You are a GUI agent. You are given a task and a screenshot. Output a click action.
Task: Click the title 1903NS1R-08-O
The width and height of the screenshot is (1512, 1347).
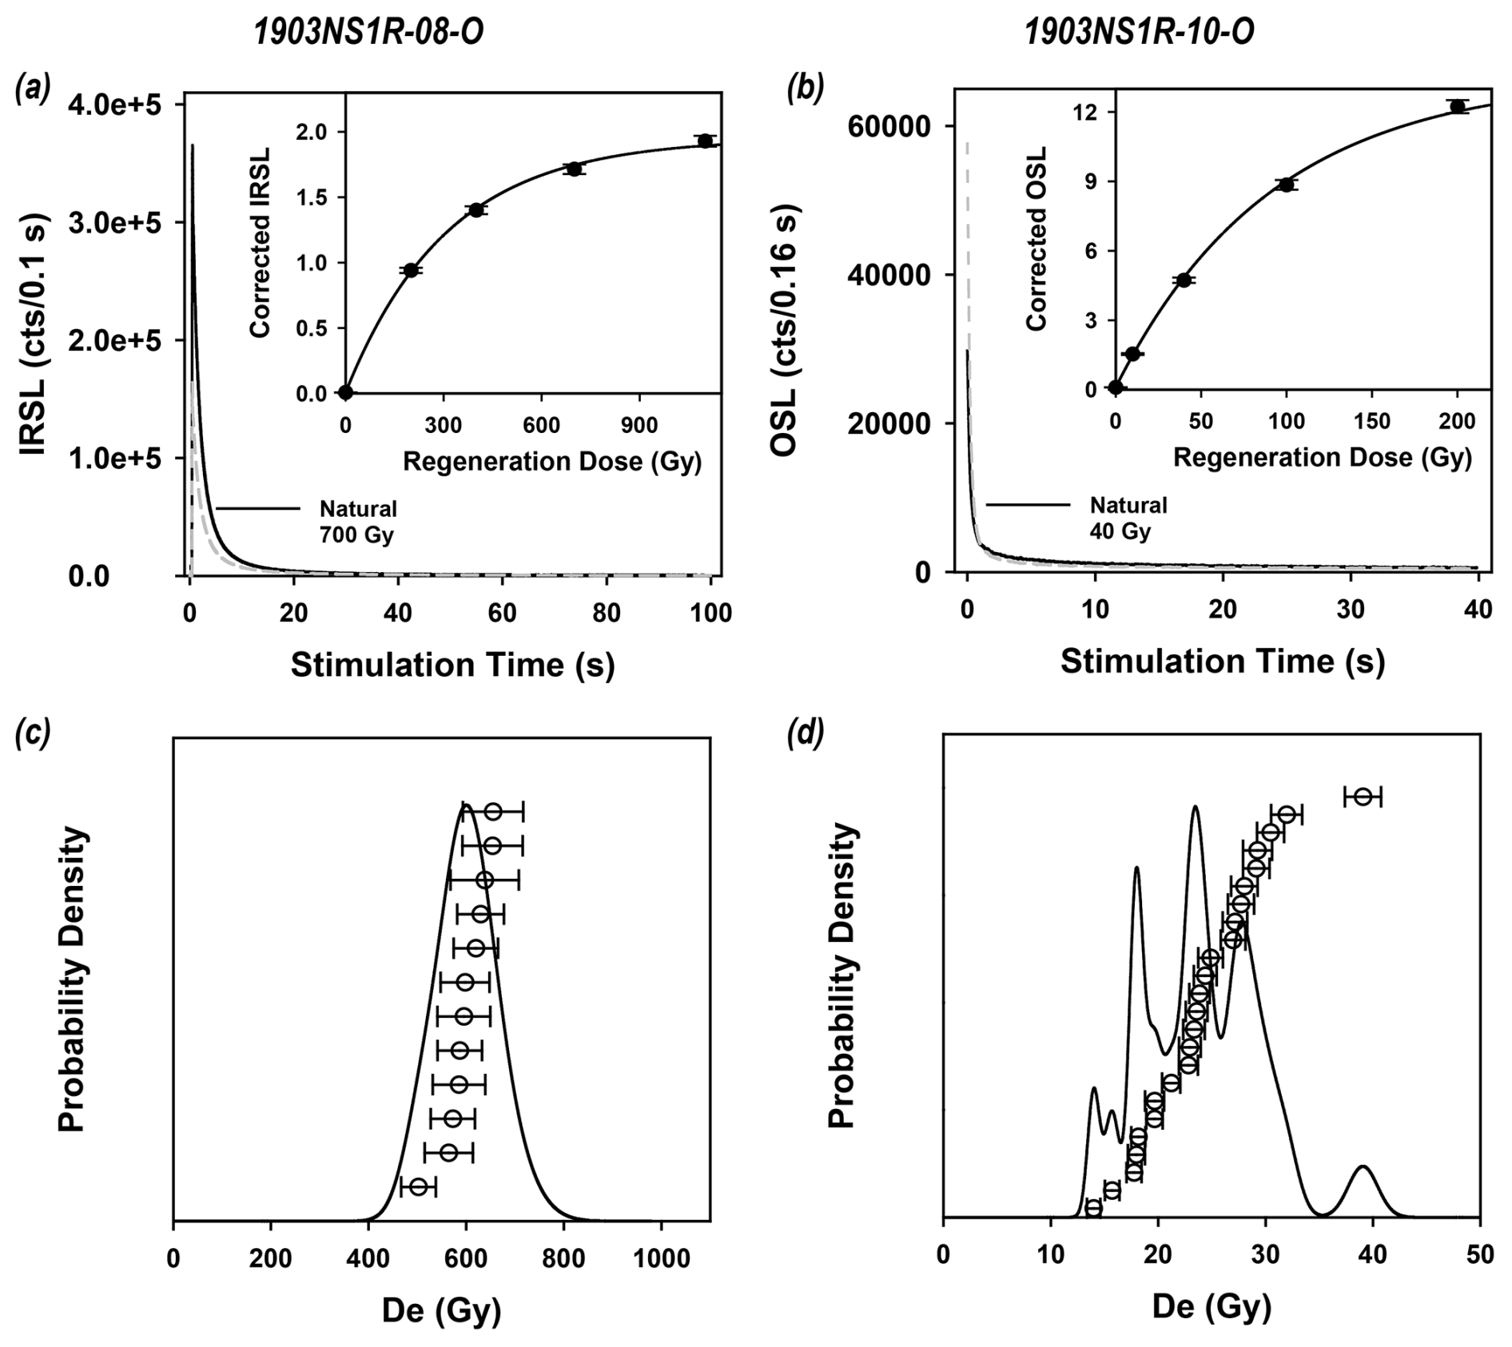coord(368,33)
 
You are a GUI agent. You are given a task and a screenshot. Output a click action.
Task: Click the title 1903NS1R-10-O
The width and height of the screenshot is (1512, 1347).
coord(1139,33)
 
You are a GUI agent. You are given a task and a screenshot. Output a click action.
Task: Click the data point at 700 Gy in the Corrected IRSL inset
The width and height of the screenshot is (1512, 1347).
coord(574,169)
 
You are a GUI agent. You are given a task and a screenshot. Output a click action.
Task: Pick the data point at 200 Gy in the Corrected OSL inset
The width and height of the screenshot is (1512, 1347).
coord(1458,106)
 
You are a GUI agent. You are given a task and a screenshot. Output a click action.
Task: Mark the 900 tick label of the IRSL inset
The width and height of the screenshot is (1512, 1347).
coord(639,426)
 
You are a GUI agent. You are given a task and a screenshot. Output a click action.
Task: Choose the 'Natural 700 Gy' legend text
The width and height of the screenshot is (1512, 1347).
coord(358,522)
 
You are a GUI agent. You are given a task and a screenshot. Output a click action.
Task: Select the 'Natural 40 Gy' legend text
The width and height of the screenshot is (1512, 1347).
coord(1128,518)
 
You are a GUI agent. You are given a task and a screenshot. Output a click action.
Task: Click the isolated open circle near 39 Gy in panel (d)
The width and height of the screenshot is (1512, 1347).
coord(1363,797)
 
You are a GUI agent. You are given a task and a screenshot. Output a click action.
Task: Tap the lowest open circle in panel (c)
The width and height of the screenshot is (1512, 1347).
coord(418,1187)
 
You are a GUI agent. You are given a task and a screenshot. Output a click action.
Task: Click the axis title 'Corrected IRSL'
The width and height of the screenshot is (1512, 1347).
coord(261,243)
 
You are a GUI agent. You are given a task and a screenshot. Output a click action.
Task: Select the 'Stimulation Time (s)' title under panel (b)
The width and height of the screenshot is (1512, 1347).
coord(1222,662)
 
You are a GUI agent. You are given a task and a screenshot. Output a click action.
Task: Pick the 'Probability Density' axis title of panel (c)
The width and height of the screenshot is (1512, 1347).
coord(73,979)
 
